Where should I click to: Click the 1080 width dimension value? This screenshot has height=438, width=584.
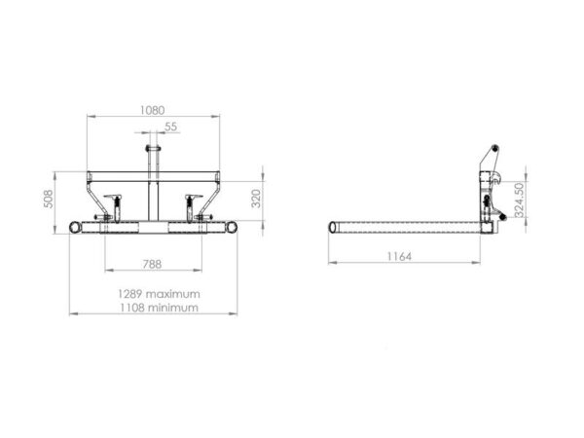pyautogui.click(x=153, y=110)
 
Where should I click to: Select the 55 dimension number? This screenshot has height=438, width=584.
pyautogui.click(x=171, y=127)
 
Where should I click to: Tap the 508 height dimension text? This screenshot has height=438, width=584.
pyautogui.click(x=49, y=199)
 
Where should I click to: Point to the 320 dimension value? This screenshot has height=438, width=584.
pyautogui.click(x=256, y=199)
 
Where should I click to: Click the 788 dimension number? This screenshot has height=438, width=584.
pyautogui.click(x=153, y=264)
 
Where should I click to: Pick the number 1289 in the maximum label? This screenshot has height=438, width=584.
pyautogui.click(x=130, y=294)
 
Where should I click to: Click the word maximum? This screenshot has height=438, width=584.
pyautogui.click(x=173, y=294)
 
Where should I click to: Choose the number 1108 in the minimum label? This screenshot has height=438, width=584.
pyautogui.click(x=132, y=308)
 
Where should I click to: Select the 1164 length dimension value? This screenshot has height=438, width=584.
pyautogui.click(x=399, y=256)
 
